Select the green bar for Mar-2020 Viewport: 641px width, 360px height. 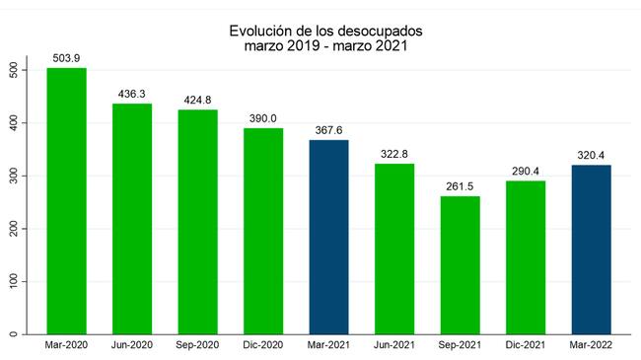[x=67, y=201]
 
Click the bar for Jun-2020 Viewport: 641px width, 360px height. [x=132, y=219]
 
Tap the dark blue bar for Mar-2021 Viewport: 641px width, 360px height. [x=329, y=238]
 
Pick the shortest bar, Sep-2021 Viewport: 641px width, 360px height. [x=461, y=265]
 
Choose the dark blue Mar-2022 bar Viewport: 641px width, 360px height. [x=592, y=250]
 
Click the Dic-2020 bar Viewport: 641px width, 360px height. [x=263, y=232]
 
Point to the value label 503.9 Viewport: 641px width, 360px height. [x=66, y=58]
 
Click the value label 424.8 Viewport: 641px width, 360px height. [x=197, y=101]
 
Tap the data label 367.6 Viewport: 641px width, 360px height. [x=328, y=130]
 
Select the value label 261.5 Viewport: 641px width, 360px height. [x=460, y=187]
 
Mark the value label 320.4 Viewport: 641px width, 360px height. [x=591, y=156]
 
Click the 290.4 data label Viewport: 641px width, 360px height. [x=526, y=172]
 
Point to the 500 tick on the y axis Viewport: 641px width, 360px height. [x=14, y=70]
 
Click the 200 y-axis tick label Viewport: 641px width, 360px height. [x=14, y=229]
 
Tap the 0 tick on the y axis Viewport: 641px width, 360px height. [x=14, y=334]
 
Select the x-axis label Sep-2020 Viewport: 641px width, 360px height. [x=197, y=345]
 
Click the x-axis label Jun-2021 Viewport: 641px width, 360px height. [x=394, y=345]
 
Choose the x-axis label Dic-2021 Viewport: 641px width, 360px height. [x=526, y=345]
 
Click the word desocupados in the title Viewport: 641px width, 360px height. [x=381, y=32]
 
